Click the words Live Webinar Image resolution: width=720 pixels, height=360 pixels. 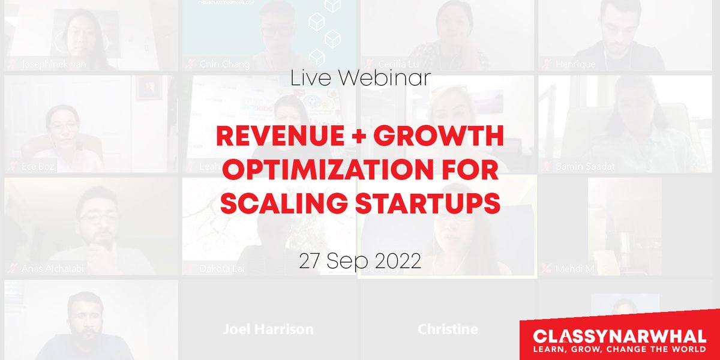click(x=359, y=79)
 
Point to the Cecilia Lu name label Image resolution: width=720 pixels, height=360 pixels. click(x=401, y=64)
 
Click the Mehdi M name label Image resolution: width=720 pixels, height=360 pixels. click(x=574, y=268)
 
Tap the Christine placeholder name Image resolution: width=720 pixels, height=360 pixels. click(x=448, y=329)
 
